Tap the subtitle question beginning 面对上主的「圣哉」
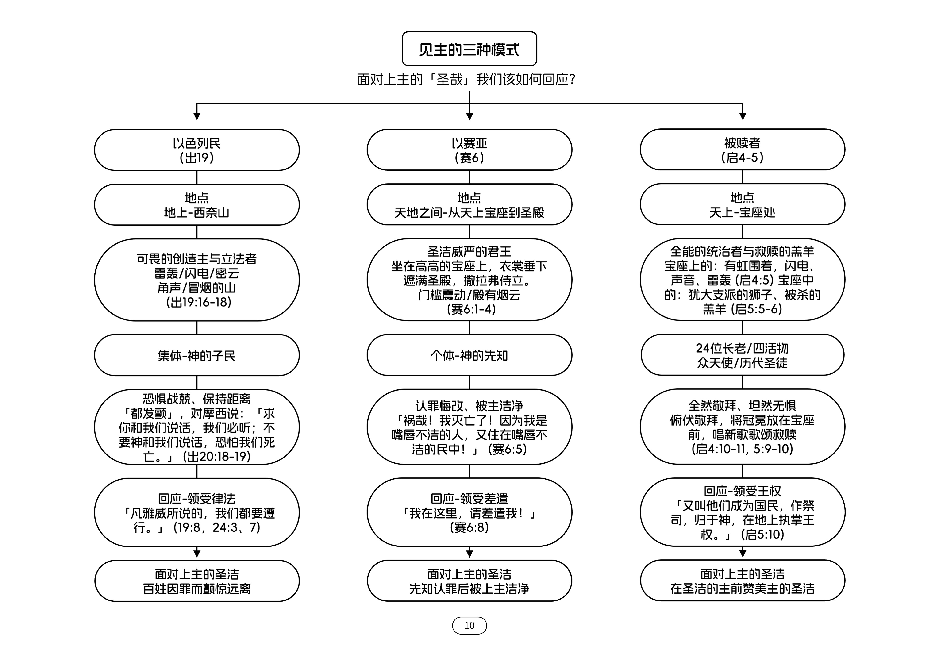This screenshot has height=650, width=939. point(466,79)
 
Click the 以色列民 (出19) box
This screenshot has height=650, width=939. point(197,150)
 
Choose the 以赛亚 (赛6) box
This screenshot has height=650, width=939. point(469,150)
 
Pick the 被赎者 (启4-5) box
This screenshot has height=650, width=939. point(742,150)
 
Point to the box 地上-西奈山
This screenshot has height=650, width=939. point(197,204)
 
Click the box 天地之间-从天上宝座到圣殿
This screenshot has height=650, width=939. point(469,204)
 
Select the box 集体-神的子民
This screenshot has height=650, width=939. point(197,355)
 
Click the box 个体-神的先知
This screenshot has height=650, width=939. point(469,355)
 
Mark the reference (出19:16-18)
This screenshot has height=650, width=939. point(199,302)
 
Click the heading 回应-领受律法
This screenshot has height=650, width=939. point(197,499)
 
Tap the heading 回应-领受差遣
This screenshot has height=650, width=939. point(469,499)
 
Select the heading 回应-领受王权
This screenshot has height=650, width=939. point(742,491)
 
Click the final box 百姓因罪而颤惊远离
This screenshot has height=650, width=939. point(197,581)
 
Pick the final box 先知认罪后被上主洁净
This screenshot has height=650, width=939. point(469,581)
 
